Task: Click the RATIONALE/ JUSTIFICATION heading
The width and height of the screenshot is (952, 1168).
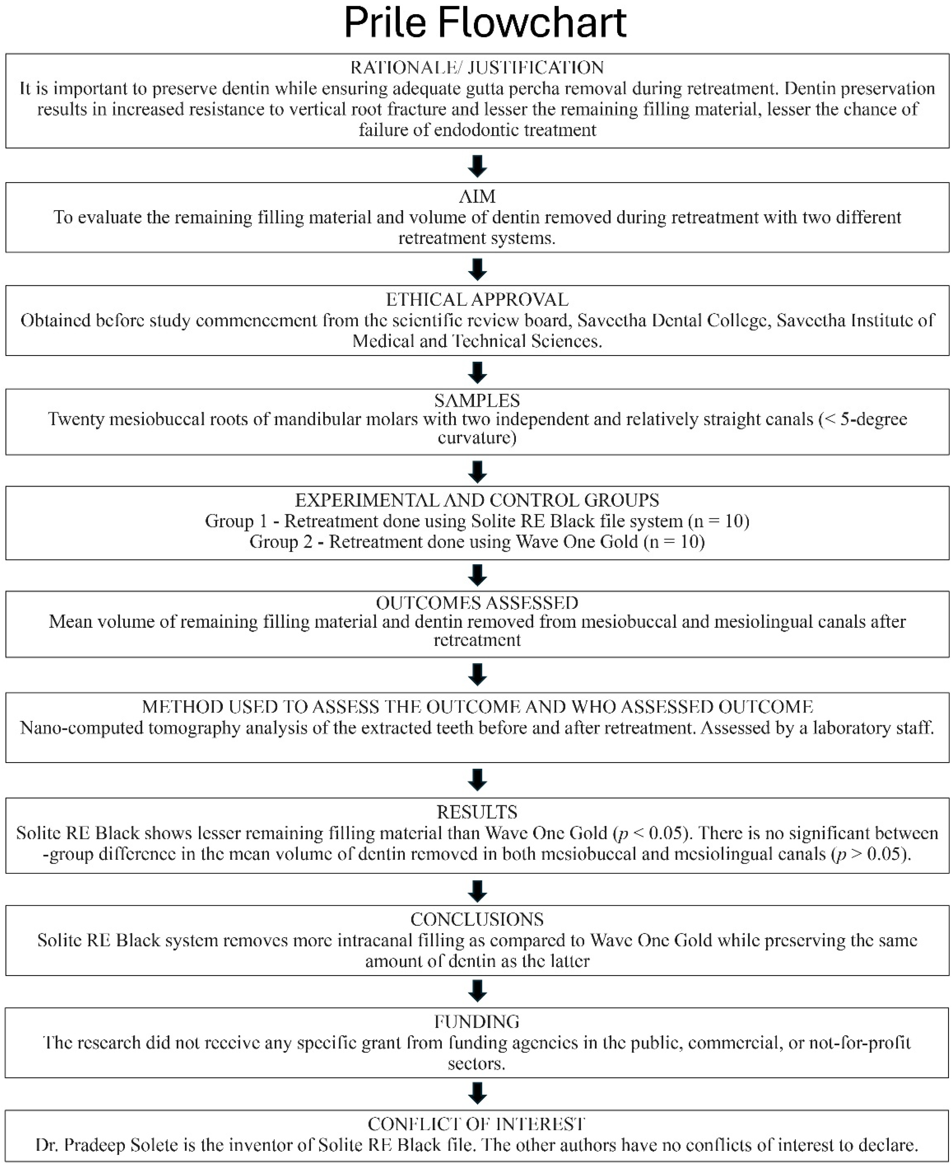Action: coord(477,67)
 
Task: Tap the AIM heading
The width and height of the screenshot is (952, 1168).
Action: coord(477,196)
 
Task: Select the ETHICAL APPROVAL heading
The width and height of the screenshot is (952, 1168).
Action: coord(477,299)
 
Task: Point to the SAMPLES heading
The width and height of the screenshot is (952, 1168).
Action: coord(477,400)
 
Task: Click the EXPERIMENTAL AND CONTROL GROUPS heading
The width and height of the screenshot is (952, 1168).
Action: coord(477,500)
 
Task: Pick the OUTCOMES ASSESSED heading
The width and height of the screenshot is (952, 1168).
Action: coord(477,603)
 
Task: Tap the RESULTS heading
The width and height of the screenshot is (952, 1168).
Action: coord(477,812)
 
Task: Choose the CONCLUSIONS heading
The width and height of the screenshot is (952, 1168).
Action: coord(477,919)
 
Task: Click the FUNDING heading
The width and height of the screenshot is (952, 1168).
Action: coord(477,1022)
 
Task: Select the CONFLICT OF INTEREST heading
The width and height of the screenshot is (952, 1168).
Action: coord(477,1124)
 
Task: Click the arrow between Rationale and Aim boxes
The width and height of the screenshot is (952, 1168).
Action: coord(478,166)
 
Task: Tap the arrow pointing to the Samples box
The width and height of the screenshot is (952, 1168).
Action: coord(478,373)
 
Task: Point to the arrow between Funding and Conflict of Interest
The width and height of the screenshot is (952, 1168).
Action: coord(478,1093)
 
